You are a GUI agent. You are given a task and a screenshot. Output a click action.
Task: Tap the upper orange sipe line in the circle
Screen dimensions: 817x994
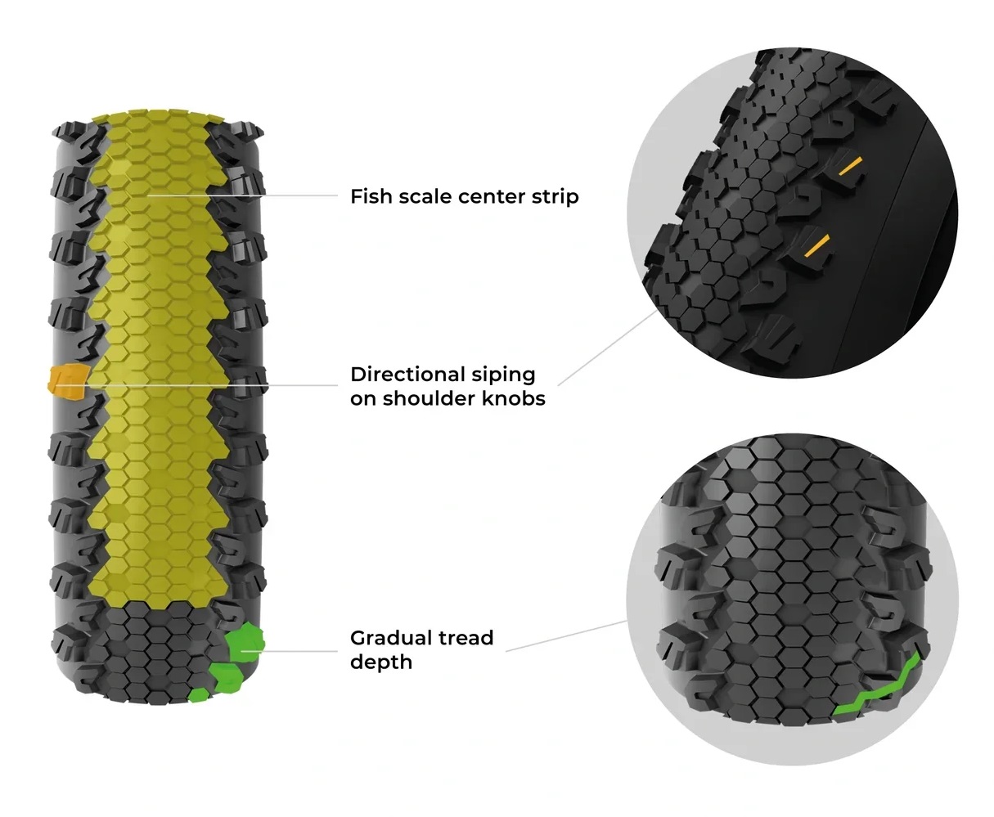(x=849, y=167)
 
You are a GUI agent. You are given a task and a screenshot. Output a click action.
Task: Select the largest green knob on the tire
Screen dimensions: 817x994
(x=244, y=642)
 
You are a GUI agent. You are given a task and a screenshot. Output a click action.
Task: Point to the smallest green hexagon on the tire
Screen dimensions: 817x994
(x=198, y=694)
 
